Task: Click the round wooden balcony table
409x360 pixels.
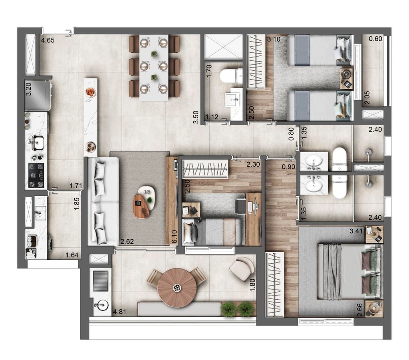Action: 177,287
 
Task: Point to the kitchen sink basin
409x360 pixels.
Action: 37,141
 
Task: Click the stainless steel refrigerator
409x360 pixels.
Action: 38,95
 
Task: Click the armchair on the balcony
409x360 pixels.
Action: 242,267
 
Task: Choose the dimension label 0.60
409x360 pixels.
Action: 375,39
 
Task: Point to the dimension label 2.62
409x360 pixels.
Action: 127,241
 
